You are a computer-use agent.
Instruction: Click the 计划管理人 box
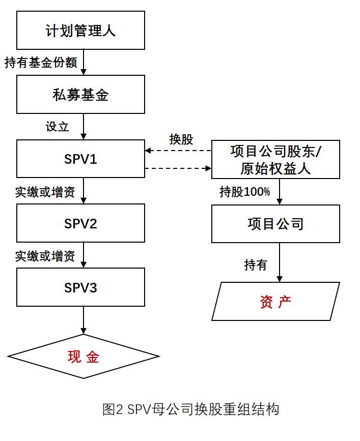point(80,30)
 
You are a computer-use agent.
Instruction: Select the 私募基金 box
point(80,95)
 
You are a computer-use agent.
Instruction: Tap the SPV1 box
point(80,159)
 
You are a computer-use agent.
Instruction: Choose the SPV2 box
point(80,223)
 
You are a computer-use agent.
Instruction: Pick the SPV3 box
point(80,287)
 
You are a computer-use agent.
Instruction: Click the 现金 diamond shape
point(84,357)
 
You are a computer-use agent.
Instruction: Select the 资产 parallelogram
point(275,302)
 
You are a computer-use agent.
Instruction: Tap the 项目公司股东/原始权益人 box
point(275,160)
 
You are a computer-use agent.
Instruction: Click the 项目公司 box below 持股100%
point(275,224)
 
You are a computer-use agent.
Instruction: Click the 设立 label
point(57,127)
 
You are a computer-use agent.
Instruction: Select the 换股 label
point(181,139)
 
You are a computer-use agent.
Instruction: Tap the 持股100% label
point(244,192)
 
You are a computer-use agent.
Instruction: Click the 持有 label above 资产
point(256,265)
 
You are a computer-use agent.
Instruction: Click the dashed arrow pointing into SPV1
point(178,151)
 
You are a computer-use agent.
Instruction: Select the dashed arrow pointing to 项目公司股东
point(178,168)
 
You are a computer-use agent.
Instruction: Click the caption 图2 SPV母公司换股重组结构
point(190,409)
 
